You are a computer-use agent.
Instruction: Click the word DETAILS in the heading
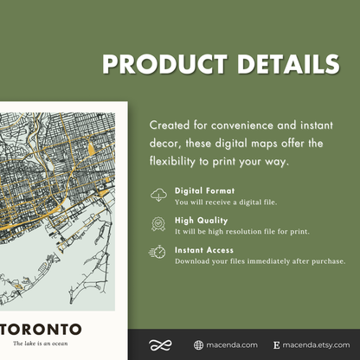(x=283, y=65)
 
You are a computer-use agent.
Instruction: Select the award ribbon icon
(x=159, y=223)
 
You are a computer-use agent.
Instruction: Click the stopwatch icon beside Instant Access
(x=159, y=252)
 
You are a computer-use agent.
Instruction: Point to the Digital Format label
(x=204, y=190)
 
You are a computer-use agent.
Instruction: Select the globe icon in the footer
(x=199, y=344)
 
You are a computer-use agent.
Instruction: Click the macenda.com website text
(x=232, y=344)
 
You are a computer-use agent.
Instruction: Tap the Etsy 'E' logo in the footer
(x=276, y=344)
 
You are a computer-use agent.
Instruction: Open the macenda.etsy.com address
(x=317, y=344)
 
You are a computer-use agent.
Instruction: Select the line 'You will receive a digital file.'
(x=224, y=202)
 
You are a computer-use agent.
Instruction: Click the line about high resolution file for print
(x=241, y=231)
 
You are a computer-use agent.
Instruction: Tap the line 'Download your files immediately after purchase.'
(x=260, y=260)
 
